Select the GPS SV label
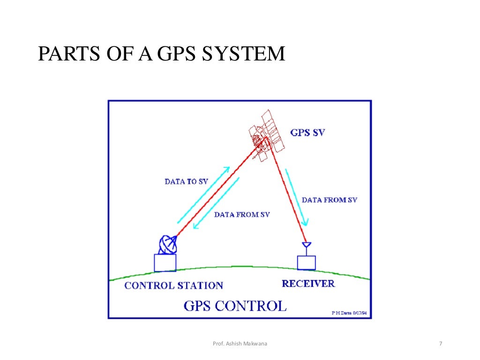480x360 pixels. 307,132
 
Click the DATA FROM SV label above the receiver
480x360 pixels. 329,200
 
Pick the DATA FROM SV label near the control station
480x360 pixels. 242,215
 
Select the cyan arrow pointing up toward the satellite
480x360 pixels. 203,194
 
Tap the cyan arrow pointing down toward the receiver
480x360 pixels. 297,197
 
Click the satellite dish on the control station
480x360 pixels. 168,244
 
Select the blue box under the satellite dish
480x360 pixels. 165,262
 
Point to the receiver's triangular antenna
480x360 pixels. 306,245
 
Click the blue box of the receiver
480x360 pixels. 307,262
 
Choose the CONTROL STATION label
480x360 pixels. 173,285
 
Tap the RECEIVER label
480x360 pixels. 308,284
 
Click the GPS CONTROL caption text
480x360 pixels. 234,306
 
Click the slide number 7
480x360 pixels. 441,345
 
